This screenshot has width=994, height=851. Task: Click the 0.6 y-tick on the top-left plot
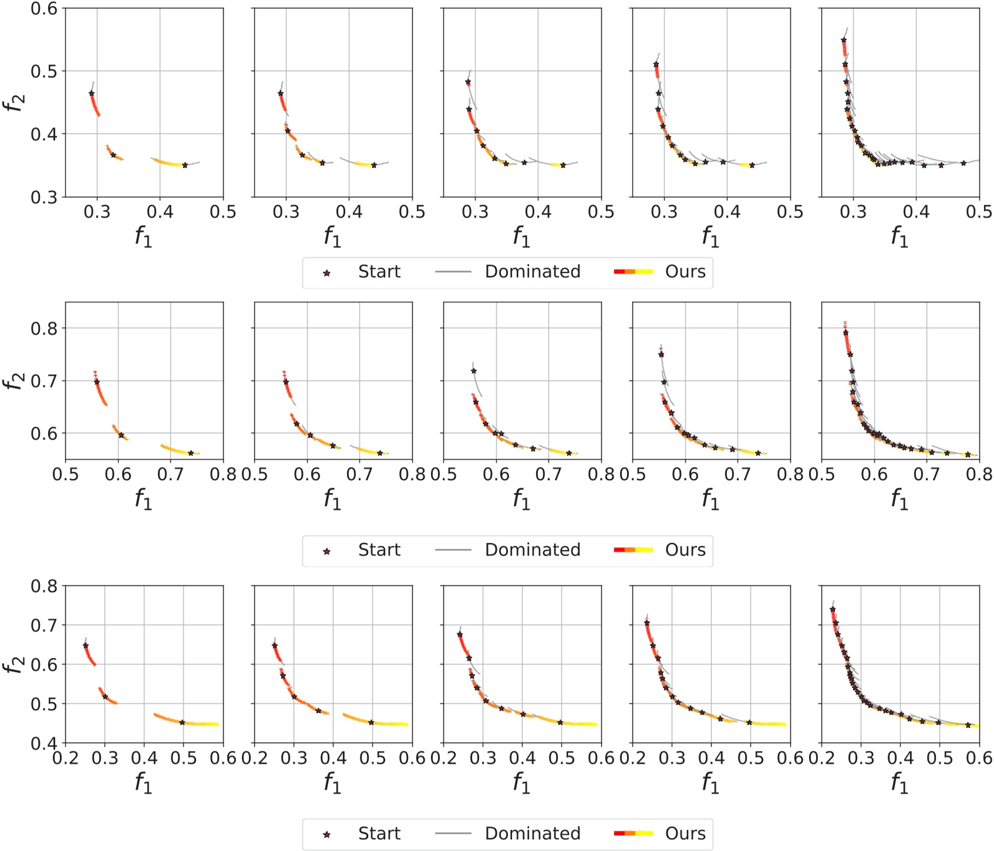(45, 8)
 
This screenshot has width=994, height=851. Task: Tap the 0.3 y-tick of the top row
(45, 197)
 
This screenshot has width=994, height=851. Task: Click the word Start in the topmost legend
(379, 272)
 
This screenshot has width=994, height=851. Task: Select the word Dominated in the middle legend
(533, 550)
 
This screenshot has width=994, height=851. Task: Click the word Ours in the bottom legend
(685, 833)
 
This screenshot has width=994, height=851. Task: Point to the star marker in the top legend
(327, 273)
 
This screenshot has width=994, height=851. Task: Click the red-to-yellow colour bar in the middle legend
(634, 550)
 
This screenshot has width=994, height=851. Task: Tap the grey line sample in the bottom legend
(453, 833)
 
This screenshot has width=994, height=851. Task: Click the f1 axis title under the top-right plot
(899, 237)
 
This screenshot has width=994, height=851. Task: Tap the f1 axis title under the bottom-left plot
(144, 783)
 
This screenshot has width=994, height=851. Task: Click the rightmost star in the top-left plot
(185, 166)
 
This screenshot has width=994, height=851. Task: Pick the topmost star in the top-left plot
(92, 93)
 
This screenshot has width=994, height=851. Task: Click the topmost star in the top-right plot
(844, 40)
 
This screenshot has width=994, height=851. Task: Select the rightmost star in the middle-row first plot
(191, 453)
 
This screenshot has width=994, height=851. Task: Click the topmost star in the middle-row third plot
(474, 371)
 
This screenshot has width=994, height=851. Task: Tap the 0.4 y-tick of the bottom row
(45, 743)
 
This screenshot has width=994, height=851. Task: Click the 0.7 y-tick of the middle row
(45, 381)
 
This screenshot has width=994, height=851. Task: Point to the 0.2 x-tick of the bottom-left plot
(66, 758)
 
